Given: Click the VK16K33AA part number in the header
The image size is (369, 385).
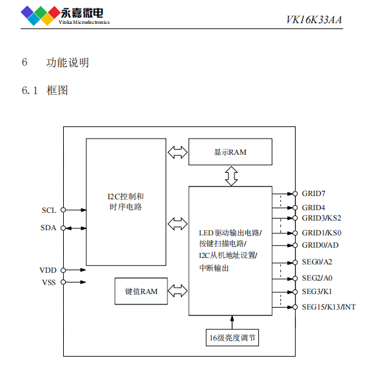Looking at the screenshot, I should click(314, 19).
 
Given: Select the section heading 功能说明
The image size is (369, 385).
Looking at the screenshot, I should click(68, 63).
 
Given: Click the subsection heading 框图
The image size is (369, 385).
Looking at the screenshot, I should click(57, 90).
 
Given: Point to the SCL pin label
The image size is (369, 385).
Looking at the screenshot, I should click(49, 210).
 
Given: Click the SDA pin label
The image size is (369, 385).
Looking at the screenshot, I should click(49, 228).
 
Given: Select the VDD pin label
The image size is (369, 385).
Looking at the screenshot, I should click(48, 270).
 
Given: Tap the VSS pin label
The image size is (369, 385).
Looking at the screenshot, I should click(48, 282).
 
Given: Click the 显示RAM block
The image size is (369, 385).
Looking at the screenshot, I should click(230, 152).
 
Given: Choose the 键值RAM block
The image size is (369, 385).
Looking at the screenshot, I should click(141, 291).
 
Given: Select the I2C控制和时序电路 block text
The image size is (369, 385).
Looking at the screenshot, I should click(126, 201).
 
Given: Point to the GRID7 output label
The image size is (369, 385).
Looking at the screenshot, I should click(314, 193).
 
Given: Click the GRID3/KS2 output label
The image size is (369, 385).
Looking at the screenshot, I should click(321, 218).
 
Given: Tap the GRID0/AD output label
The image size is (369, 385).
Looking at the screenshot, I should click(320, 245).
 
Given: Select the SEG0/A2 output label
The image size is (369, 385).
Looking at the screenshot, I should click(317, 262).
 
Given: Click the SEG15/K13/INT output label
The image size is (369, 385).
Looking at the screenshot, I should click(328, 307).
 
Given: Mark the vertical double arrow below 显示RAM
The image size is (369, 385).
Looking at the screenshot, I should click(231, 176).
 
